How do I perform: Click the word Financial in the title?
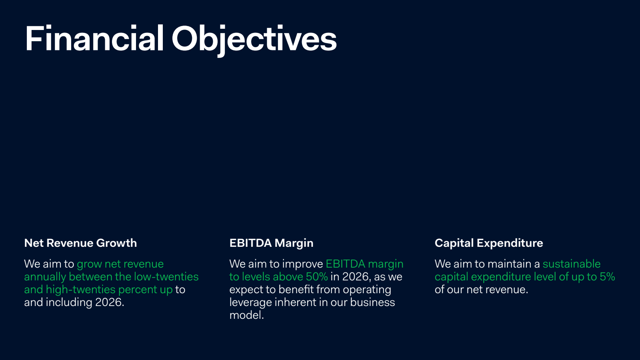[x=94, y=38]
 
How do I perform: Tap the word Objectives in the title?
[x=254, y=40]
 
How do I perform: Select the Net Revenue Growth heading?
[x=80, y=243]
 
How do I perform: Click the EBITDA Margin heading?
[x=272, y=243]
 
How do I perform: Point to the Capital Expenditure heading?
[x=489, y=243]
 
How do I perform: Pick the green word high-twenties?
[x=81, y=290]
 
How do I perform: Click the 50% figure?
[x=317, y=276]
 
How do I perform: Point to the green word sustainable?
[x=572, y=264]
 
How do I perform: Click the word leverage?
[x=250, y=303]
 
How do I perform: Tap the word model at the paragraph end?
[x=246, y=315]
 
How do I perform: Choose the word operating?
[x=367, y=290]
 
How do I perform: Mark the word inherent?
[x=296, y=302]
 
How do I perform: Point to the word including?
[x=69, y=303]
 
